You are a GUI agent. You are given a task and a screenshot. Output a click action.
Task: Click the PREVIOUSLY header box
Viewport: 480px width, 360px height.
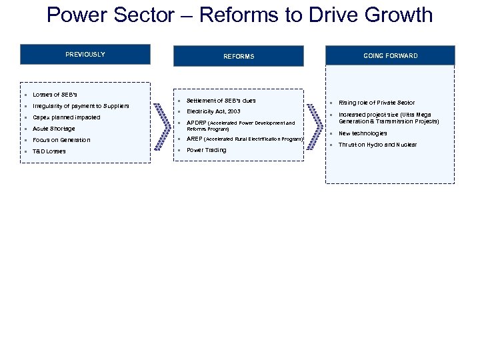pyautogui.click(x=85, y=55)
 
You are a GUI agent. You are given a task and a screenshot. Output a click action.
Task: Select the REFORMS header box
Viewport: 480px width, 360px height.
pyautogui.click(x=239, y=56)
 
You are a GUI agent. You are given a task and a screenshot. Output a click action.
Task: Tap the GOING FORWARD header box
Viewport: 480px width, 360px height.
pyautogui.click(x=390, y=56)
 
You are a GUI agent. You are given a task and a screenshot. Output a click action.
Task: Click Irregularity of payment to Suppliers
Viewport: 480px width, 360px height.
pyautogui.click(x=81, y=106)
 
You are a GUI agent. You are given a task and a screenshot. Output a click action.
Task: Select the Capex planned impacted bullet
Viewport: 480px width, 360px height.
pyautogui.click(x=66, y=117)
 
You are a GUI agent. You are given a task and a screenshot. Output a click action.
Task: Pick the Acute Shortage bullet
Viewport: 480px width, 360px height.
pyautogui.click(x=53, y=129)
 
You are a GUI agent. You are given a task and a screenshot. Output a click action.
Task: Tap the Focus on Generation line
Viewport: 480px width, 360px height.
pyautogui.click(x=61, y=140)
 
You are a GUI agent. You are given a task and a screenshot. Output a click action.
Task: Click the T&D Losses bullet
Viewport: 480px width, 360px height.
pyautogui.click(x=49, y=151)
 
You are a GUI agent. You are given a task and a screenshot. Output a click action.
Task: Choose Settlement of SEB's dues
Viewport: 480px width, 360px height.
pyautogui.click(x=221, y=101)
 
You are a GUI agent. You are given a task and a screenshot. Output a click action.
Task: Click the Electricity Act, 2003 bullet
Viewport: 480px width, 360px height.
pyautogui.click(x=213, y=111)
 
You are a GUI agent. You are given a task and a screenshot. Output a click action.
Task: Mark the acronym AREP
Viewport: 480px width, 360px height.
pyautogui.click(x=194, y=139)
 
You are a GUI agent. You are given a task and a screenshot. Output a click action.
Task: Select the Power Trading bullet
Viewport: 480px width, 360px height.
pyautogui.click(x=206, y=150)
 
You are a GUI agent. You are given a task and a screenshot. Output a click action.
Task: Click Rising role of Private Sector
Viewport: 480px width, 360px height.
pyautogui.click(x=376, y=103)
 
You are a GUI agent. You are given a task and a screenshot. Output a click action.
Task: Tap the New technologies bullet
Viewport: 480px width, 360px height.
pyautogui.click(x=363, y=133)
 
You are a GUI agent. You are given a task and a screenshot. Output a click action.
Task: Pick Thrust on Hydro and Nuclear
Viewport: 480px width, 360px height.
pyautogui.click(x=377, y=145)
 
